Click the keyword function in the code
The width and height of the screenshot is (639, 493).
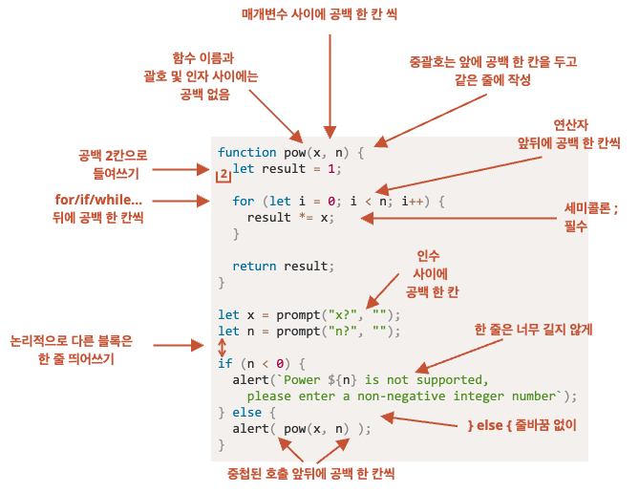click(246, 153)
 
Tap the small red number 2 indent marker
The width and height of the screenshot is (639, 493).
click(223, 175)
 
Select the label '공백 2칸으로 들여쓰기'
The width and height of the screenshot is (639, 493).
click(114, 163)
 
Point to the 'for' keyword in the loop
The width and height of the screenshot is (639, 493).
click(244, 202)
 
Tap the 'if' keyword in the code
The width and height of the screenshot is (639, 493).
click(224, 364)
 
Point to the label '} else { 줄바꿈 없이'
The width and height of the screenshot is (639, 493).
click(522, 423)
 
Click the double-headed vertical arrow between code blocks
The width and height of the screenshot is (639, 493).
click(223, 348)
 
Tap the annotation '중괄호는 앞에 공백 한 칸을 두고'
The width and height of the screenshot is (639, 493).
click(492, 61)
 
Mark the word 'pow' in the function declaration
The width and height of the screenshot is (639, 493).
click(294, 153)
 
